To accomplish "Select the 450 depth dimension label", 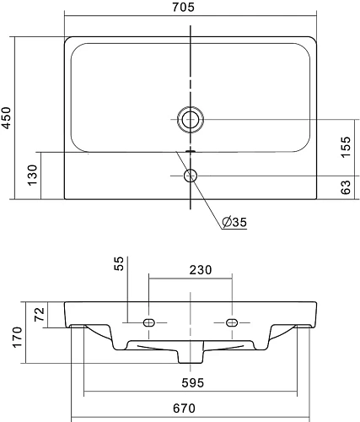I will point(8,116).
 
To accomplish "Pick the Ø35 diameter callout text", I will point(234,222).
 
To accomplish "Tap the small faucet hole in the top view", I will point(191,176).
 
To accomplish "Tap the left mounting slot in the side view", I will point(148,322).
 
